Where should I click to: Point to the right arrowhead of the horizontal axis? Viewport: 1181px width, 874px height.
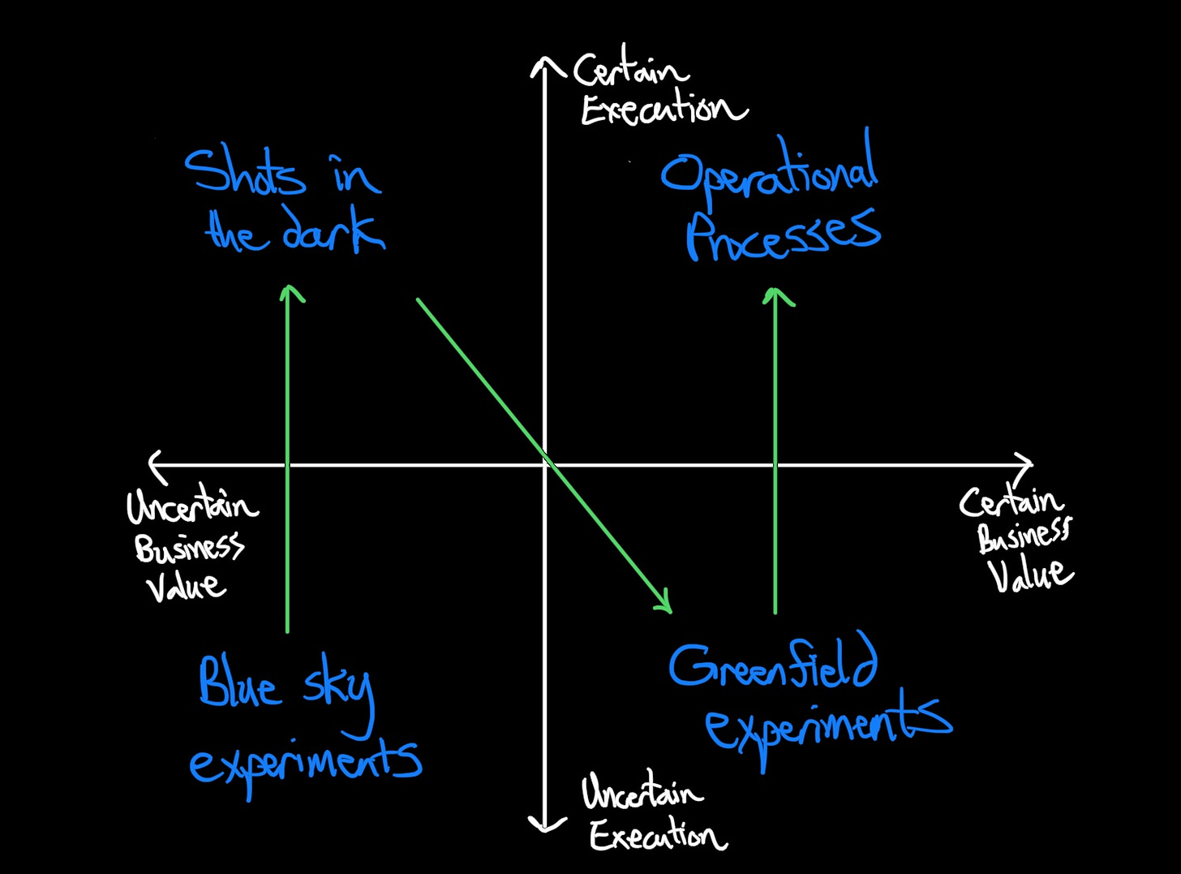1026,463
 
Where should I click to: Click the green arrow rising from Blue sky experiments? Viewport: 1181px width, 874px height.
288,454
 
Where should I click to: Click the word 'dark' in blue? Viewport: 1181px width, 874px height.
333,232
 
